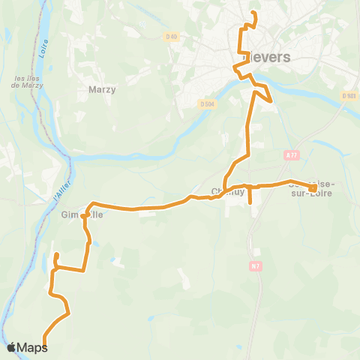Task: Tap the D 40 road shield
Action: pos(173,36)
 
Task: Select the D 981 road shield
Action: pos(348,96)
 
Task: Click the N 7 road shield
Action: pos(256,265)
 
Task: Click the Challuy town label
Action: pos(223,190)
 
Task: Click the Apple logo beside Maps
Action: pos(11,347)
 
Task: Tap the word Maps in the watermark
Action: pos(33,348)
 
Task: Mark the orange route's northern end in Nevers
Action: pos(253,14)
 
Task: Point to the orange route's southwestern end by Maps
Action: pos(44,345)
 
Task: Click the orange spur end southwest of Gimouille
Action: pos(55,256)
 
